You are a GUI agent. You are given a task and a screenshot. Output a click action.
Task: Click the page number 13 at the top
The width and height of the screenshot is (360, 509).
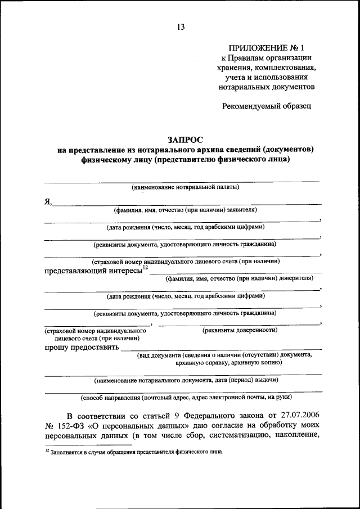[x=180, y=27]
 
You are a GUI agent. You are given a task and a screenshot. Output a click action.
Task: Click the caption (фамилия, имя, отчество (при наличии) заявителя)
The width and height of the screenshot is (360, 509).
[x=185, y=210]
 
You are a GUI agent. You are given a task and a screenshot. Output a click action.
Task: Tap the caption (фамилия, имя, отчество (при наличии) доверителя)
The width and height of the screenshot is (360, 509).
[x=238, y=278]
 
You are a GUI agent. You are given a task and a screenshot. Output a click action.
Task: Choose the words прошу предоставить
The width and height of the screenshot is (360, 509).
[x=82, y=348]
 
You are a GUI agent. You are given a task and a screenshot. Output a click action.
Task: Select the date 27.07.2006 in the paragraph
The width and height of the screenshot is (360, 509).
[x=295, y=415]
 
